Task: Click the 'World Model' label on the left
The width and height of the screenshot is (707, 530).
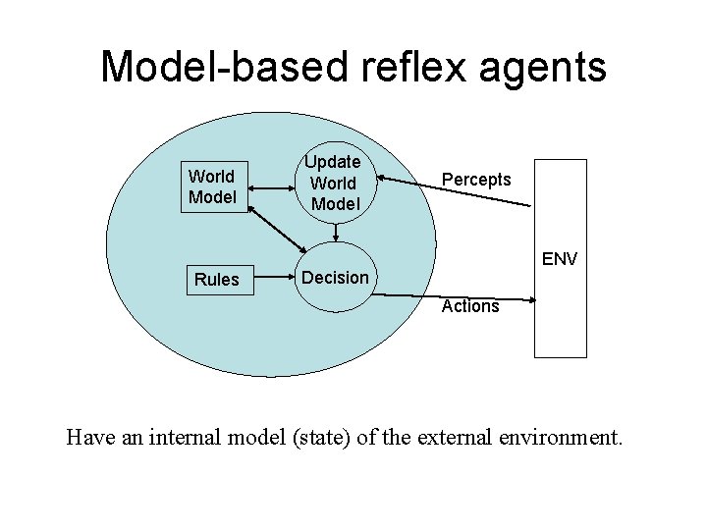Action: click(211, 186)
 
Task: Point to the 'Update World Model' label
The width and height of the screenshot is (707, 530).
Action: click(335, 183)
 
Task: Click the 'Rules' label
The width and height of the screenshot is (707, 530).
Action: click(217, 280)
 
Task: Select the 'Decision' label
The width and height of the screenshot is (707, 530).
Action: click(335, 277)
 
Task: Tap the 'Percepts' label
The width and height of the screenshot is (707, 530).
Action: click(476, 180)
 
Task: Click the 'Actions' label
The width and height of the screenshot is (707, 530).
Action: click(470, 306)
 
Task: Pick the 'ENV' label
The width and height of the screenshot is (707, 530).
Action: click(559, 259)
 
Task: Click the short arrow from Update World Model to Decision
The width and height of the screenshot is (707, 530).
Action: click(336, 232)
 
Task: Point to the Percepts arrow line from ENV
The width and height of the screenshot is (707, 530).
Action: click(457, 191)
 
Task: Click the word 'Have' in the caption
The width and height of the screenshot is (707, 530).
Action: click(89, 436)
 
